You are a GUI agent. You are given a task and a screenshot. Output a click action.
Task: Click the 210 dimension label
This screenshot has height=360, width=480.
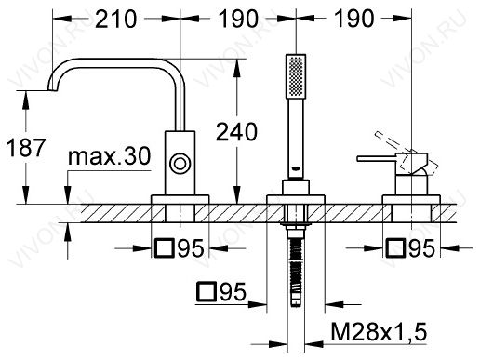[115, 19]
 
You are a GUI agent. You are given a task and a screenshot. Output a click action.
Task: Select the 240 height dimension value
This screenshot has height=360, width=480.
[236, 132]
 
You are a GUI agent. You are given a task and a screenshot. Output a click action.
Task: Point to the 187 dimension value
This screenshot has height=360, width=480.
[26, 148]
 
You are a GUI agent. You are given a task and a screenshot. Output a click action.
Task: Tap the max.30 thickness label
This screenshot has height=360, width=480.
[109, 156]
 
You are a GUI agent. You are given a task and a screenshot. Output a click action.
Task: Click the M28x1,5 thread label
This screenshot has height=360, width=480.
[379, 331]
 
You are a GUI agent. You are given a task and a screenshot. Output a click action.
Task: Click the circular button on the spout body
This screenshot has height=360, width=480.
[180, 163]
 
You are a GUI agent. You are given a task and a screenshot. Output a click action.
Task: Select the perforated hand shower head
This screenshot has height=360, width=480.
[296, 76]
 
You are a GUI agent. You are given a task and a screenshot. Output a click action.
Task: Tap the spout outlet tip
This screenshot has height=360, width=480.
[52, 89]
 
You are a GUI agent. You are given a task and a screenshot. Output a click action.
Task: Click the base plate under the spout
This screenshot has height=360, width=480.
[180, 199]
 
